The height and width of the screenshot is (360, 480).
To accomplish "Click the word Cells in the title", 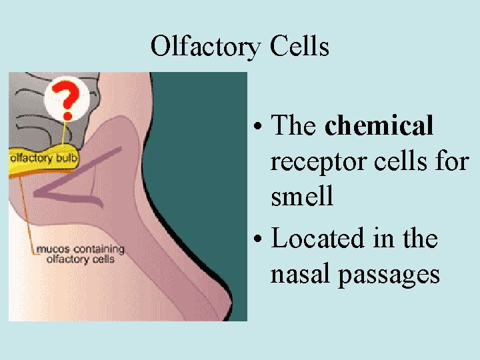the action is pos(300,47).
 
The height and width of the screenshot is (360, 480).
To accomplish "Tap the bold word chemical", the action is pos(379,125).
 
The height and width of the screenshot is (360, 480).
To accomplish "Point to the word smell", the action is pos(302,197).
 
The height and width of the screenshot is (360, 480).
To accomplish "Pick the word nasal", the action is pos(301,274).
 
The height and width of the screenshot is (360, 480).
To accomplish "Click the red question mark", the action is pos(65,99).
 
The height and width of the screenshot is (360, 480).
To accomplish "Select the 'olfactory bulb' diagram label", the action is pos(43,159).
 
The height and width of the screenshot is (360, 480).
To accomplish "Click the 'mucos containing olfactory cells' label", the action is pos(79,254).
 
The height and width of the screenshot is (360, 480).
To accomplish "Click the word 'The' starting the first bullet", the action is pos(294,125).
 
